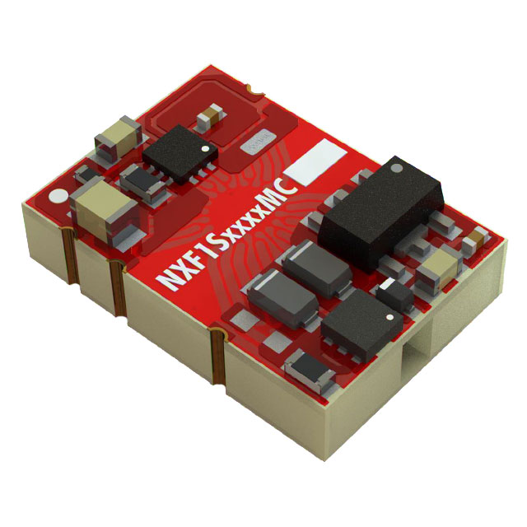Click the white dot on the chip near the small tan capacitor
pos(206,149)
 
